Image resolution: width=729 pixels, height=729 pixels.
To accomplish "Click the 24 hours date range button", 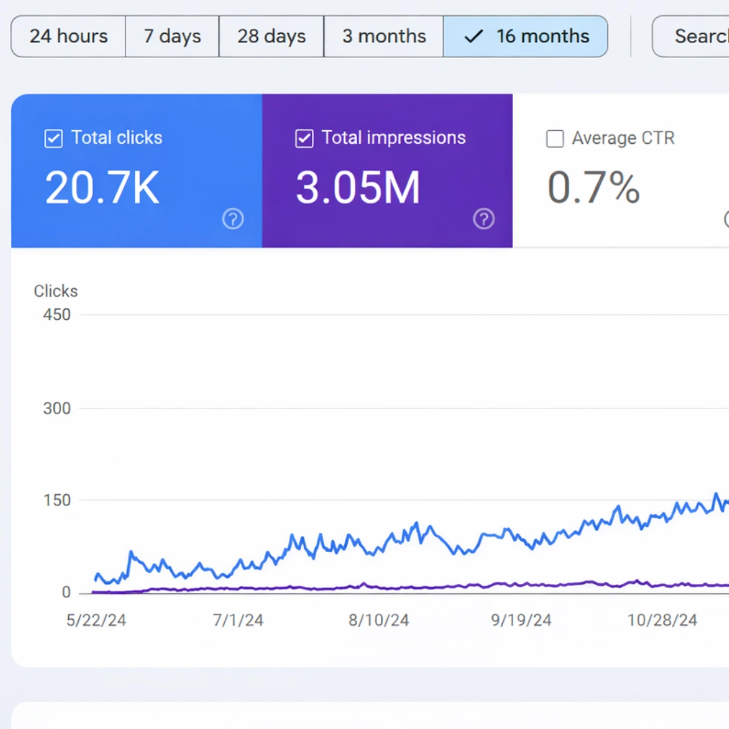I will pos(68,36).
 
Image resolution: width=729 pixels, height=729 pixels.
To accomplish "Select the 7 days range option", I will pos(172,36).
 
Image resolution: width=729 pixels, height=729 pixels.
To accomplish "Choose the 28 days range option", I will pos(271,36).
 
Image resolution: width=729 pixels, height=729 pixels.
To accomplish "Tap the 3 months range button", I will pos(383,36).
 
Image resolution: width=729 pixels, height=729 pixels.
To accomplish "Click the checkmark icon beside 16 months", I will pos(474,36).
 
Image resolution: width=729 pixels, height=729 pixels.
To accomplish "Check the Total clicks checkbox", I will pos(53,138).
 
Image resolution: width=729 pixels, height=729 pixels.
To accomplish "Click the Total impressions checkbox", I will pos(304,138).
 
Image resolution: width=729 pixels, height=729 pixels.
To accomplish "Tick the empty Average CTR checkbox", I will pos(555,139).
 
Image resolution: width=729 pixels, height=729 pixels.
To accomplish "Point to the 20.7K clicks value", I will pos(102,188).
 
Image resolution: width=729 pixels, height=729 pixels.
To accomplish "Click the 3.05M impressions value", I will pos(358,188).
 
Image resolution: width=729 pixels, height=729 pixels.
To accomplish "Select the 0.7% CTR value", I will pos(593,188).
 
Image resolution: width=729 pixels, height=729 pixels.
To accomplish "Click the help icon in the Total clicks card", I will pos(233,219).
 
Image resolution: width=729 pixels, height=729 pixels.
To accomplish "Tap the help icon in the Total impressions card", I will pos(483,219).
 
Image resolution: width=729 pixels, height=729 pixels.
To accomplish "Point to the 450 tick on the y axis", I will pos(57,315).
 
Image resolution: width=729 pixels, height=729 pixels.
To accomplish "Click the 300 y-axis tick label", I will pos(57,408).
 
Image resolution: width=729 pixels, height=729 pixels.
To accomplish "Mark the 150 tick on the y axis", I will pos(57,500).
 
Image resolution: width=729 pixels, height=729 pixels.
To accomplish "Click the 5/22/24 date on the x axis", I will pos(96,620).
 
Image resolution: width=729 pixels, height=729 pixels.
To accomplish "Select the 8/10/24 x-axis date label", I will pos(379,620).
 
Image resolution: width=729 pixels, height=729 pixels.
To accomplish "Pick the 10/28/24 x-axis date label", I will pos(662,620).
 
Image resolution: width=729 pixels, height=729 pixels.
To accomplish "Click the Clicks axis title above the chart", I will pos(56,291).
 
